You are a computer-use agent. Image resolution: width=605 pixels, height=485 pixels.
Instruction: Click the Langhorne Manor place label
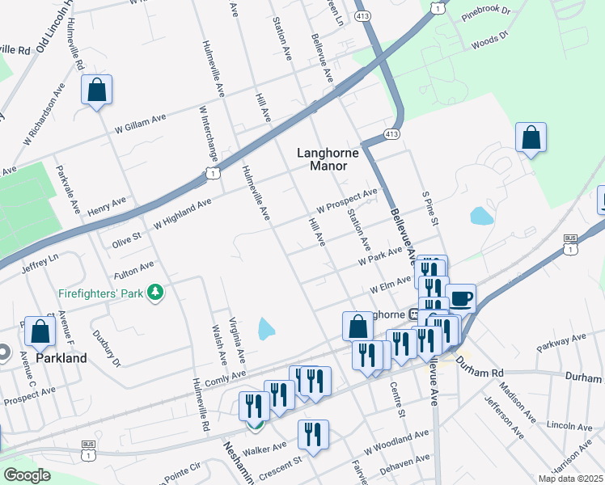point(322,158)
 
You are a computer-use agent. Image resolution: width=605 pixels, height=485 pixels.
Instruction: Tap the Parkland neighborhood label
point(61,358)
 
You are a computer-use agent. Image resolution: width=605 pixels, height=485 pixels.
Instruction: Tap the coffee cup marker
point(460,298)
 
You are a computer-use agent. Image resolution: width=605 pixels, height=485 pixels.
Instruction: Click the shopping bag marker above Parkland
point(40,331)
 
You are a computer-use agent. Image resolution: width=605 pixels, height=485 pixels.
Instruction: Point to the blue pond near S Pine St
point(481,216)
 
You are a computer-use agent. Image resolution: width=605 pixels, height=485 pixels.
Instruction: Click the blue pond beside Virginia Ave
point(265,328)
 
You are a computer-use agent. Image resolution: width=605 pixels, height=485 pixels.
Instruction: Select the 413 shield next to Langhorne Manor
point(391,133)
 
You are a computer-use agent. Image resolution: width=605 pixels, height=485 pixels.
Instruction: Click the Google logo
point(27,475)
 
